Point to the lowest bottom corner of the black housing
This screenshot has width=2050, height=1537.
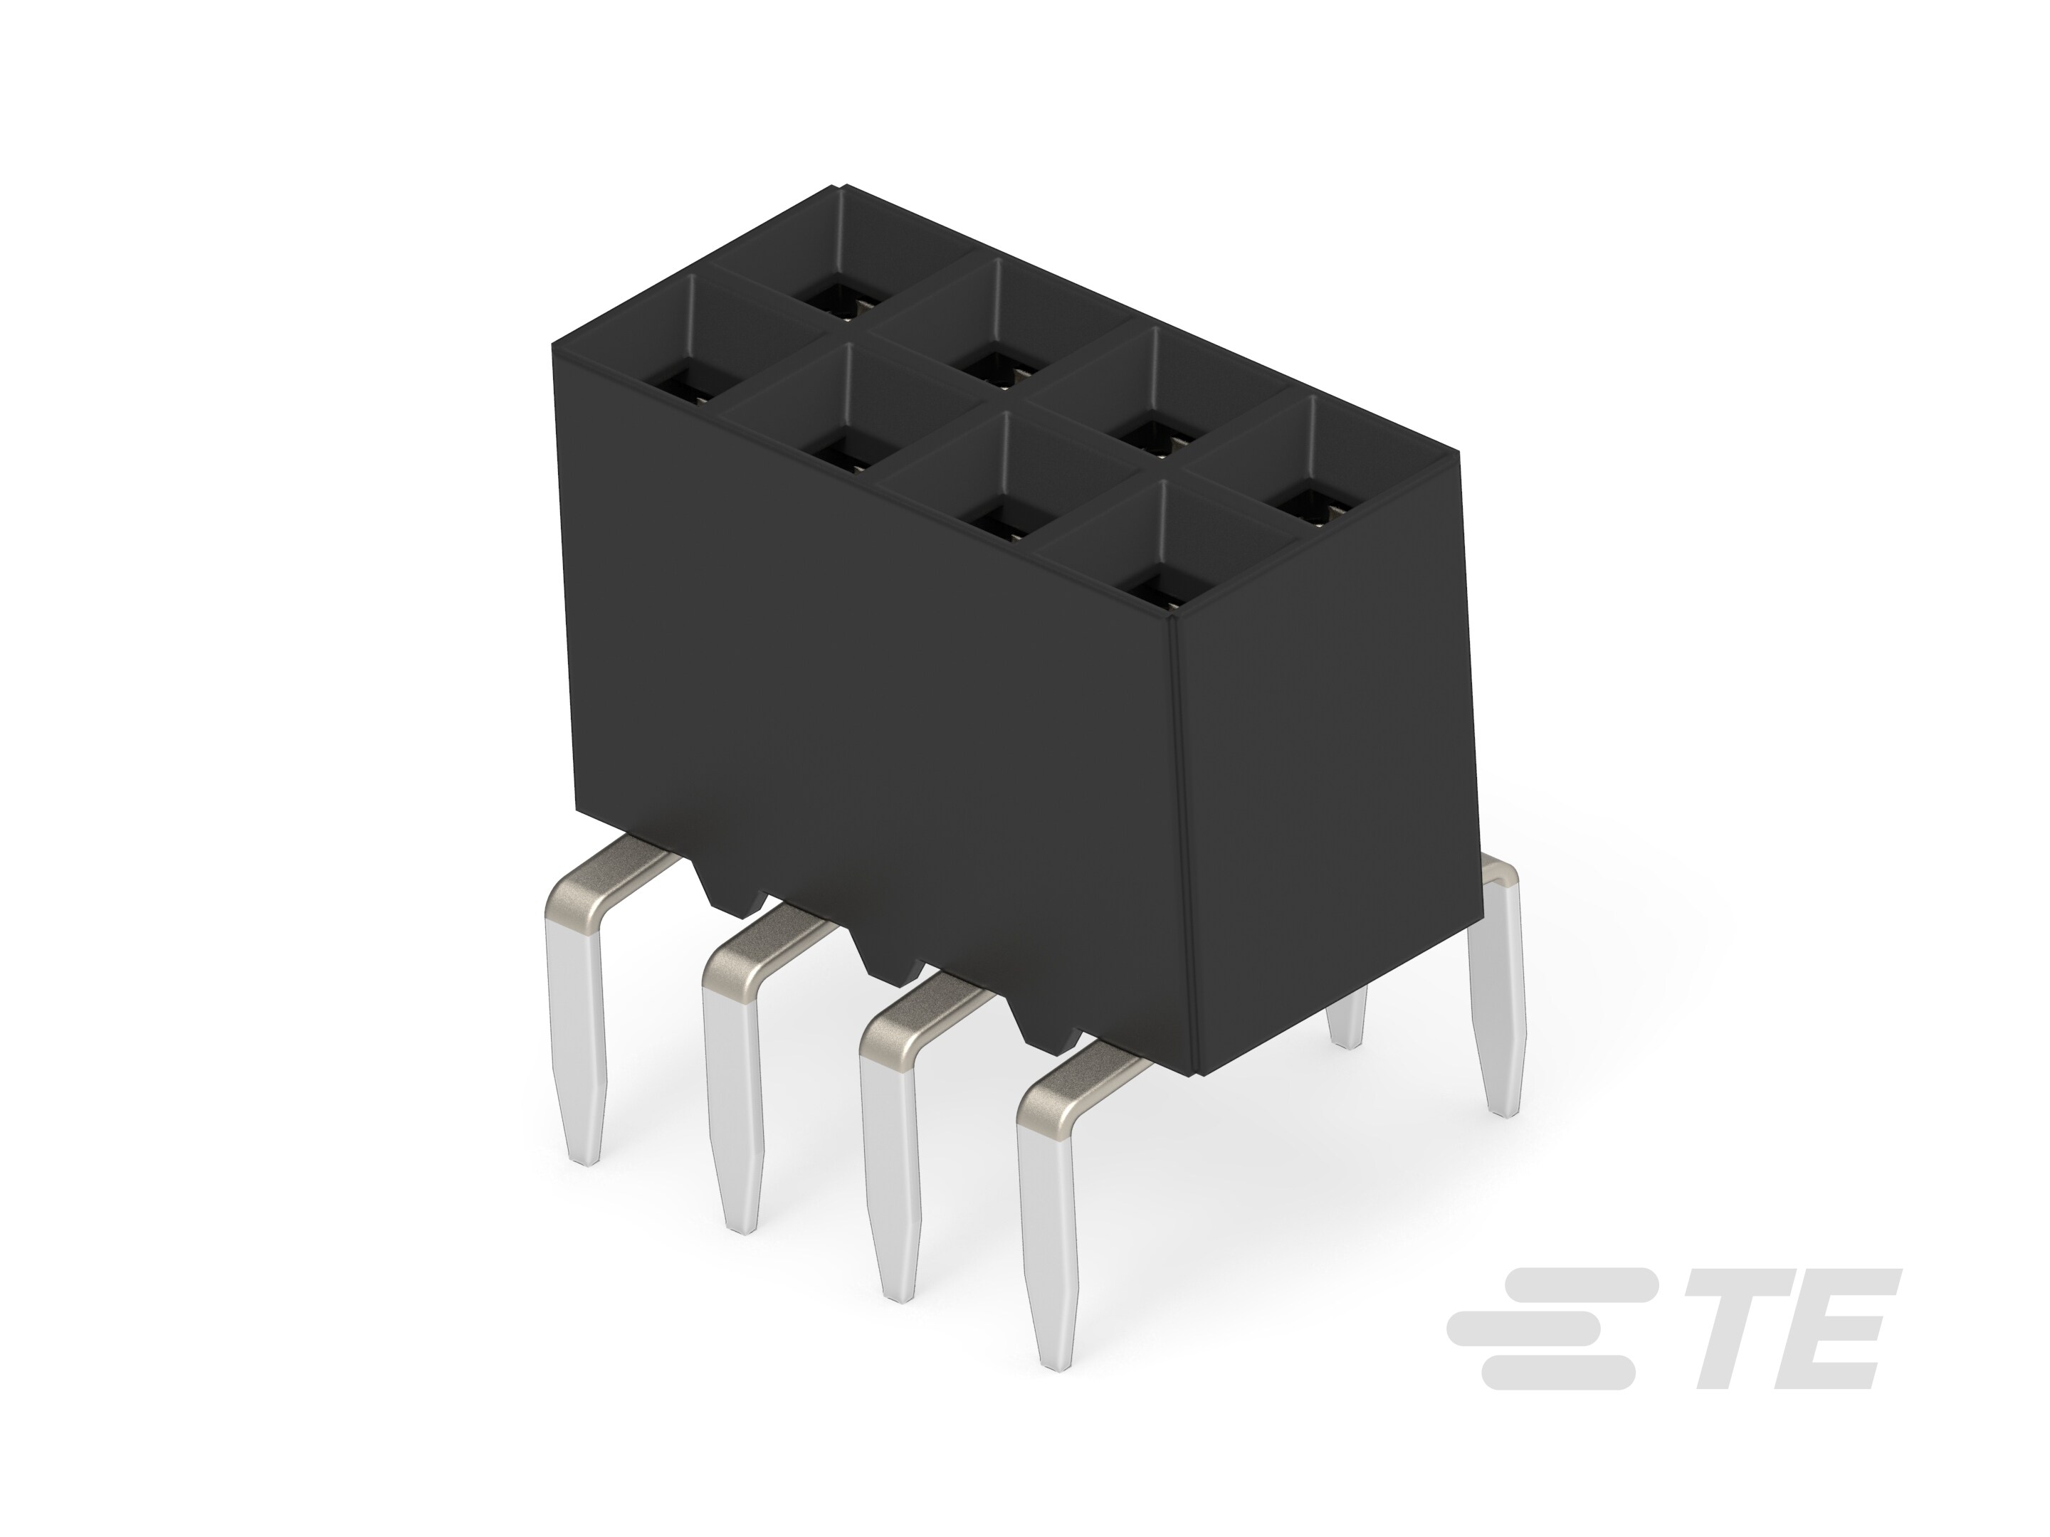(1199, 1074)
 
